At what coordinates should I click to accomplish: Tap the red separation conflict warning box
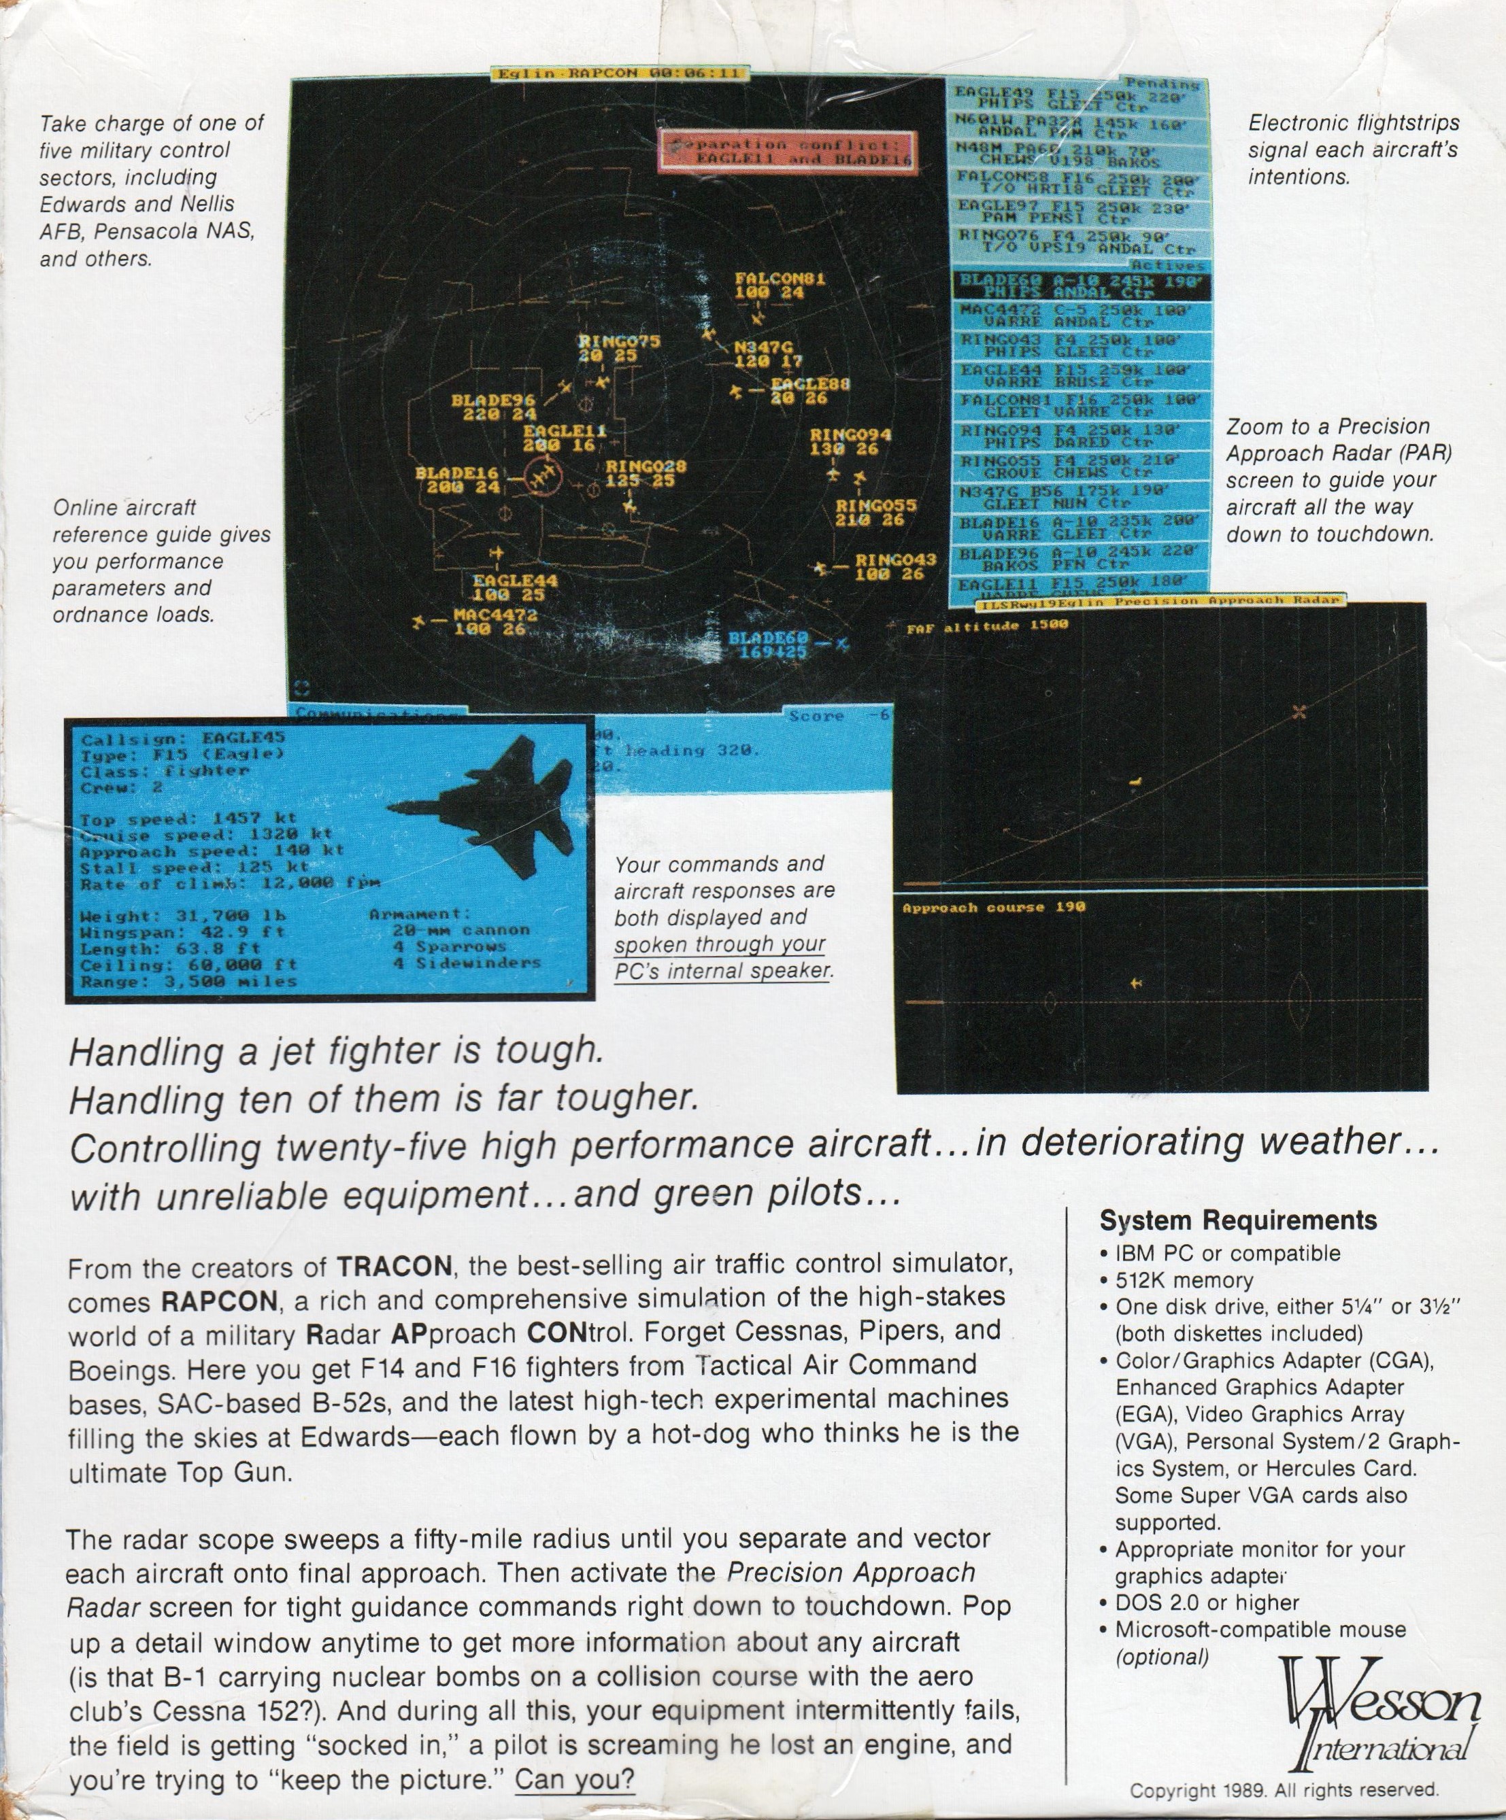(786, 152)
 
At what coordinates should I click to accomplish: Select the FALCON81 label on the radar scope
(780, 279)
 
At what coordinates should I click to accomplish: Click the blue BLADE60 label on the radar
(767, 638)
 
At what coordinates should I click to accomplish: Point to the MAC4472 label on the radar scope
(495, 615)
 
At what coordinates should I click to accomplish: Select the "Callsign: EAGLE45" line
(182, 739)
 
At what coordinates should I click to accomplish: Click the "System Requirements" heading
(1237, 1220)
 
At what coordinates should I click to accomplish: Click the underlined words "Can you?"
(574, 1780)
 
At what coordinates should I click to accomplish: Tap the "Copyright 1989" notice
(1283, 1789)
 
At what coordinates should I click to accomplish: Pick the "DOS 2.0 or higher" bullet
(1207, 1603)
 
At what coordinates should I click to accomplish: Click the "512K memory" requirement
(1184, 1280)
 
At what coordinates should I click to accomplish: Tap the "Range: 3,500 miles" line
(188, 982)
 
